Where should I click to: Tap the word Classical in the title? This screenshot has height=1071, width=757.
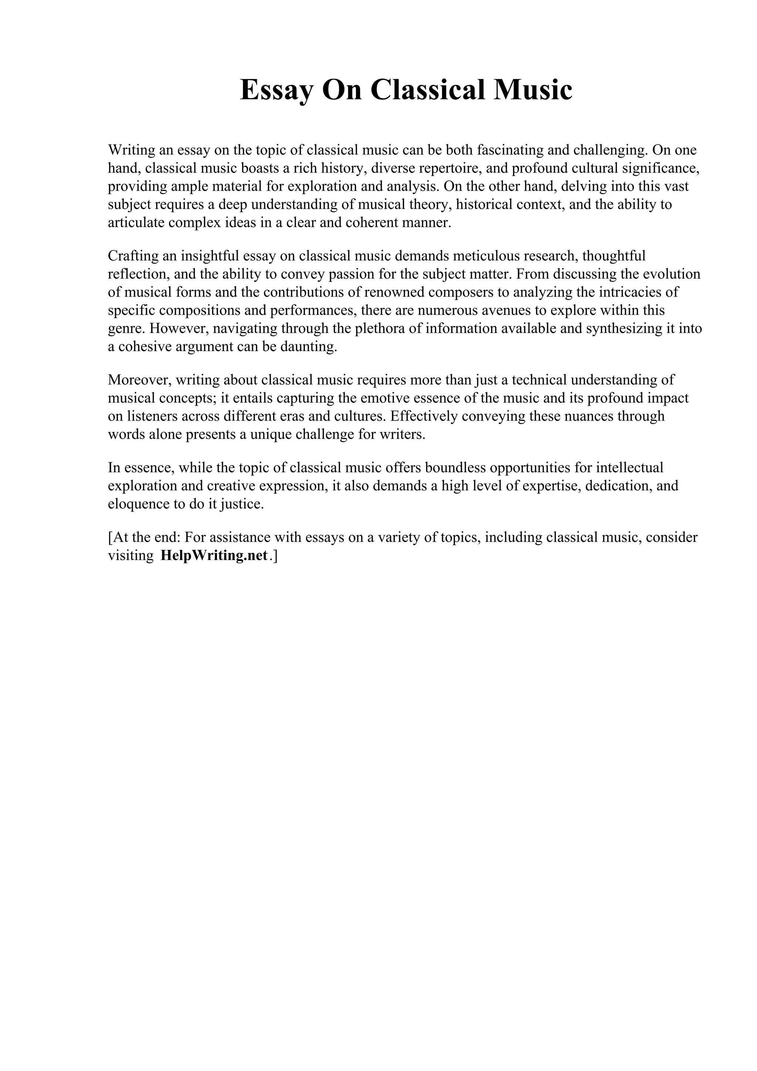pos(428,90)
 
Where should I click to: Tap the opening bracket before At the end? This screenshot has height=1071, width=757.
pos(110,538)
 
